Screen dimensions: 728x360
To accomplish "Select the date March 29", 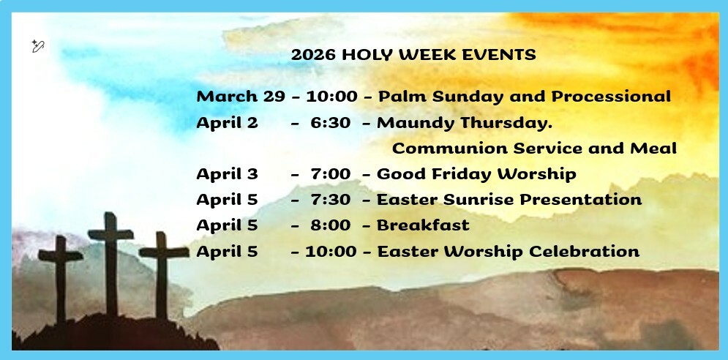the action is pyautogui.click(x=241, y=97).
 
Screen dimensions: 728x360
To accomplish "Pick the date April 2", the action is pyautogui.click(x=227, y=123).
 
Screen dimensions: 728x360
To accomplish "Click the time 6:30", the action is pyautogui.click(x=330, y=123).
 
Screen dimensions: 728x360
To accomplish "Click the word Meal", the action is pyautogui.click(x=653, y=149).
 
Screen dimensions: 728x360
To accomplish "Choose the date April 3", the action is pyautogui.click(x=227, y=174).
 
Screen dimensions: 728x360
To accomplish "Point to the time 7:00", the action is pyautogui.click(x=330, y=174).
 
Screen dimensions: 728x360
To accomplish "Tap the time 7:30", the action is pyautogui.click(x=330, y=200).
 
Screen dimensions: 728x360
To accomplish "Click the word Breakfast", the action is pyautogui.click(x=423, y=225).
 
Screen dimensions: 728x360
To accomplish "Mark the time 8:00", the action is pyautogui.click(x=330, y=225).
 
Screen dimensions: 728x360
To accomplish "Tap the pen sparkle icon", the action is pyautogui.click(x=38, y=46).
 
